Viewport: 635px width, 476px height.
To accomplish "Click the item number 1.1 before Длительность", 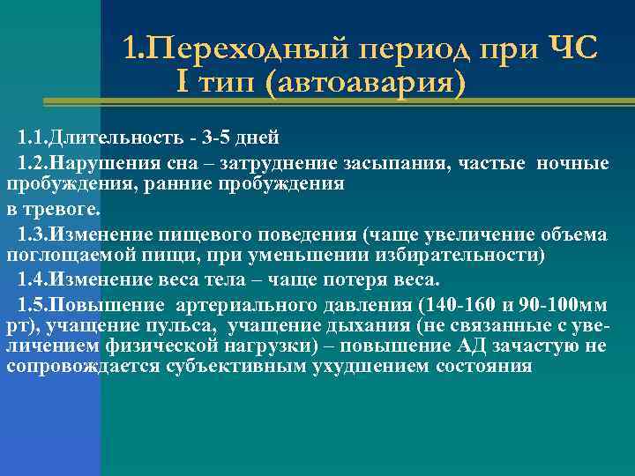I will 32,138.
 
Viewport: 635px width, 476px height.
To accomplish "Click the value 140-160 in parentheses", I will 452,305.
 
